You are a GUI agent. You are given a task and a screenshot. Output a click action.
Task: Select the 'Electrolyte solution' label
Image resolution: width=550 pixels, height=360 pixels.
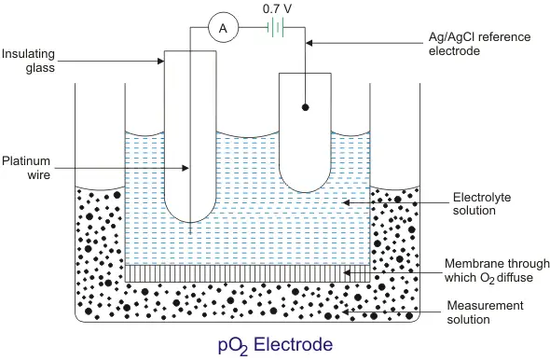480,204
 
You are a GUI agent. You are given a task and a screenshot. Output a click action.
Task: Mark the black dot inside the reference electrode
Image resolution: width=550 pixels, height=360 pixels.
306,108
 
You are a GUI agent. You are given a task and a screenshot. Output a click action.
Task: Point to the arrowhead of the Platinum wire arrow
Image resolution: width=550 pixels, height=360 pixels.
189,169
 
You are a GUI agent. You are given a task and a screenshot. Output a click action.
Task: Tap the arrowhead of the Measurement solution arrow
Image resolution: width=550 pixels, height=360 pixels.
346,308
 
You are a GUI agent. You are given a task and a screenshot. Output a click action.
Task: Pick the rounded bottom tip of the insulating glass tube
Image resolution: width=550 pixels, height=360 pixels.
190,221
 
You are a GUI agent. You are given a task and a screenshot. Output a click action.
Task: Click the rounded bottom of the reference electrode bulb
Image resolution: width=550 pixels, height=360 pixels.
306,193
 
